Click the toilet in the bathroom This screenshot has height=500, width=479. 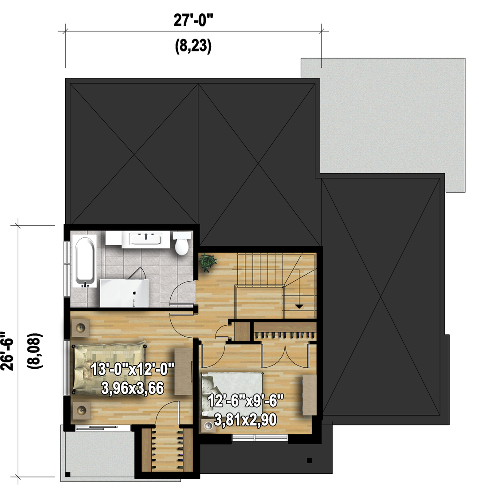click(182, 243)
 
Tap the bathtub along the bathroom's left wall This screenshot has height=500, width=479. click(84, 261)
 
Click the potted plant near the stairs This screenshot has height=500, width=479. click(207, 262)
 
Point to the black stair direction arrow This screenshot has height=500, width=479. click(299, 307)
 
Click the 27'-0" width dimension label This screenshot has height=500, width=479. click(193, 21)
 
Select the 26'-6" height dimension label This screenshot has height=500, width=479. click(8, 351)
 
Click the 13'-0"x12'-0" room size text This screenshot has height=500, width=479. click(133, 370)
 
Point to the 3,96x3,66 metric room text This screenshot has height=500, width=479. click(133, 388)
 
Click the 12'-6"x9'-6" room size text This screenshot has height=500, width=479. click(246, 401)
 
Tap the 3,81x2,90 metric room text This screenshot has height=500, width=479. click(246, 420)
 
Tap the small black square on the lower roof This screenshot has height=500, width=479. click(309, 460)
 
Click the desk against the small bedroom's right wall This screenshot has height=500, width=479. click(310, 395)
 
